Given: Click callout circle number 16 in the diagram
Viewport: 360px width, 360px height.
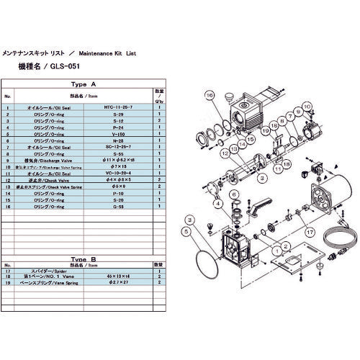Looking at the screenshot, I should pos(209,96).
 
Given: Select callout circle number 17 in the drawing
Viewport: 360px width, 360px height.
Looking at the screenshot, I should pos(310,232).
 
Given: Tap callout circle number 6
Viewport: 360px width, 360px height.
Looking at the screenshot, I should pos(234,195).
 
